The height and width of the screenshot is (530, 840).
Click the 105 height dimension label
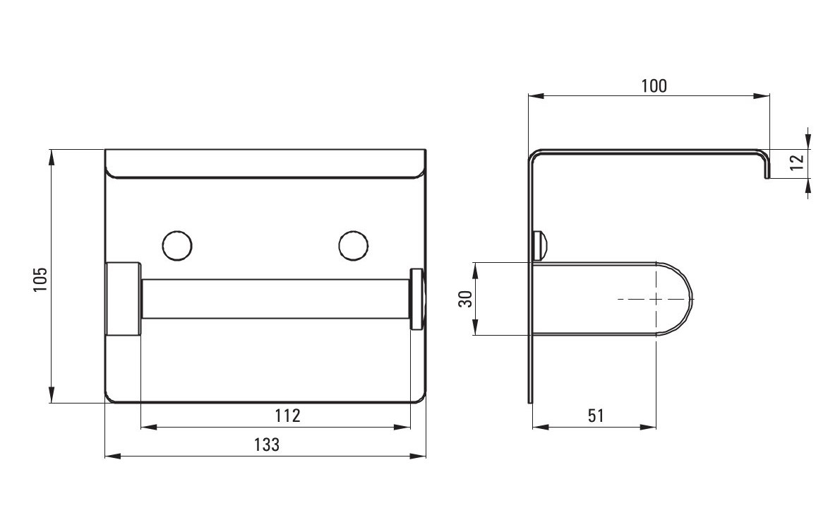pyautogui.click(x=41, y=279)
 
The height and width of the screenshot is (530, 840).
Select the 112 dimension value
pyautogui.click(x=288, y=416)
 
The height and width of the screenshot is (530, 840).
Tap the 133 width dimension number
pyautogui.click(x=267, y=444)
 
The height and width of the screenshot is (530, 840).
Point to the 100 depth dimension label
pyautogui.click(x=654, y=86)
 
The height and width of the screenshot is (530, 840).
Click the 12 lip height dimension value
pyautogui.click(x=797, y=160)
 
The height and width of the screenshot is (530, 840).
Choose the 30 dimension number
pyautogui.click(x=467, y=299)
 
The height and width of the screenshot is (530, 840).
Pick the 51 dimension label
pyautogui.click(x=596, y=416)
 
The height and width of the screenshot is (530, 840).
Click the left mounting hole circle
pyautogui.click(x=176, y=246)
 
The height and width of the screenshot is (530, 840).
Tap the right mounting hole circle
pyautogui.click(x=354, y=246)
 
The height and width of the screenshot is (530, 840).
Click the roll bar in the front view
pyautogui.click(x=275, y=299)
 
